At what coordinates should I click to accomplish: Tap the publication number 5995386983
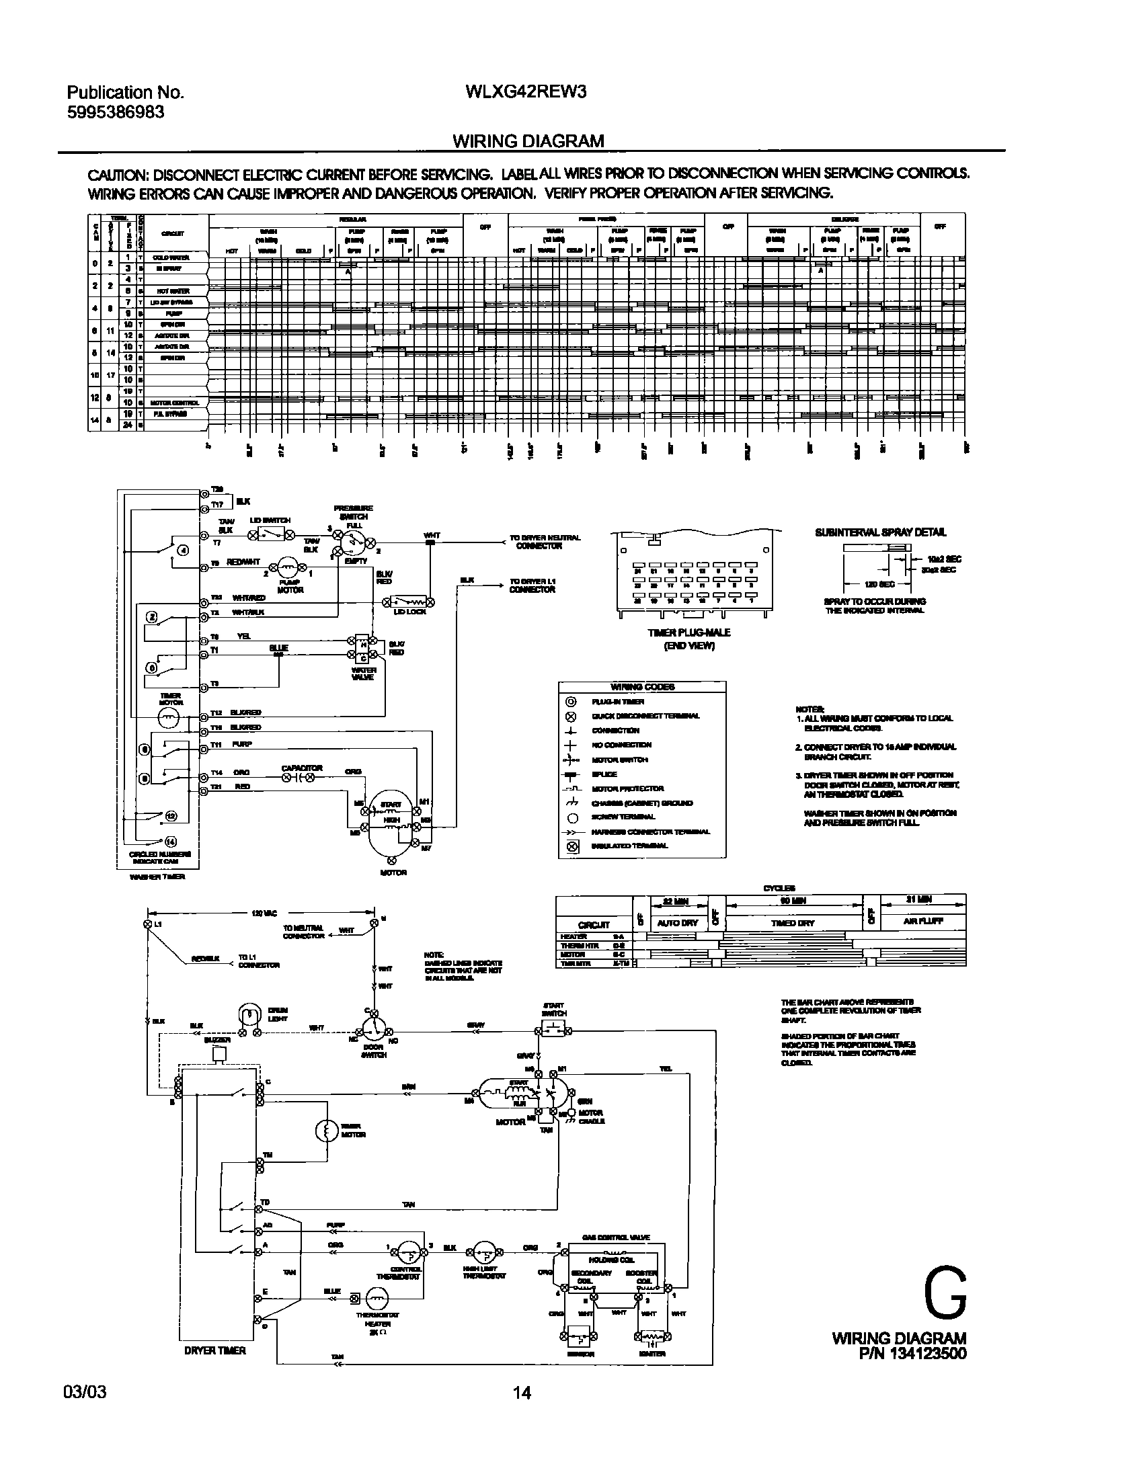click(x=116, y=112)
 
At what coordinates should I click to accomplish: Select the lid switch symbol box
click(x=272, y=535)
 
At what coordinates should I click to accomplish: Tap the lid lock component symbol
click(x=409, y=600)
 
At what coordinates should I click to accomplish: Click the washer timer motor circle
click(x=169, y=718)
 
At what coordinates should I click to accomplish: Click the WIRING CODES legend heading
click(x=642, y=687)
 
